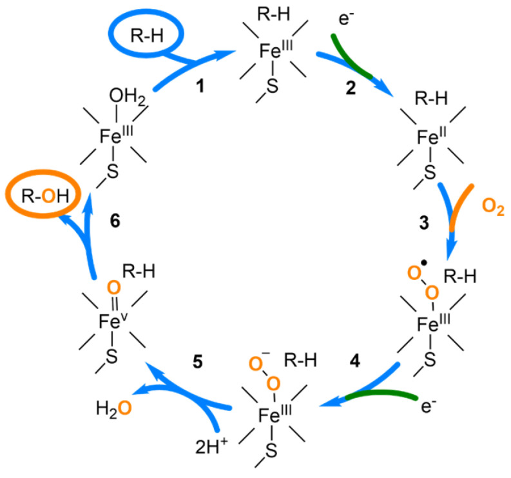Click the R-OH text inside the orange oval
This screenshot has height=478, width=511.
coord(41,192)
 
